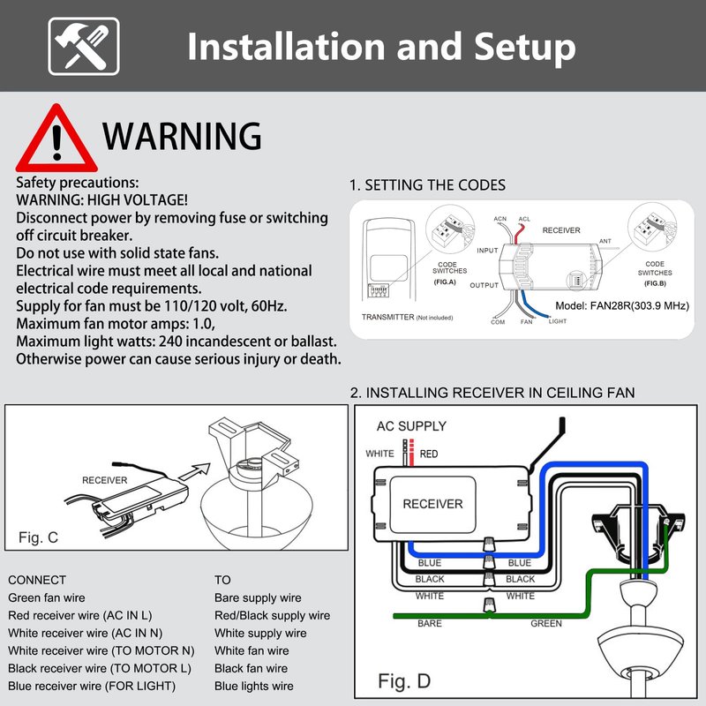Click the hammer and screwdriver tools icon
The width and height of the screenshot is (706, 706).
[x=84, y=47]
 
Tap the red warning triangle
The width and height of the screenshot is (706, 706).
[x=56, y=139]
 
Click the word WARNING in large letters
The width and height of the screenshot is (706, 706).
[x=182, y=136]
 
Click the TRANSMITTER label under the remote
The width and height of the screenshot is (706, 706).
[x=387, y=317]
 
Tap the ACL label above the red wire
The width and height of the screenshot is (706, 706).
[x=524, y=219]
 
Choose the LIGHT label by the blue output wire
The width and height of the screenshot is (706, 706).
[x=558, y=321]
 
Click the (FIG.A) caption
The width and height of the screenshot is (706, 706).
[x=445, y=282]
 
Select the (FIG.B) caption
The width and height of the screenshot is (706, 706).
[x=655, y=283]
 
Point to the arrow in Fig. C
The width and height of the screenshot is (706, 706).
[x=194, y=472]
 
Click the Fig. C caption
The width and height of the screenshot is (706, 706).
[x=38, y=537]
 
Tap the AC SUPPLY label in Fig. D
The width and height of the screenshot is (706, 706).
[x=411, y=426]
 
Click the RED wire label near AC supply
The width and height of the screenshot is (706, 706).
[x=429, y=454]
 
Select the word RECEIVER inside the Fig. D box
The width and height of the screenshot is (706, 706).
[x=432, y=504]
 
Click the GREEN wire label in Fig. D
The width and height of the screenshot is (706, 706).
[x=546, y=624]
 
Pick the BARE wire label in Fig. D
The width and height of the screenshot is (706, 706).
[x=430, y=624]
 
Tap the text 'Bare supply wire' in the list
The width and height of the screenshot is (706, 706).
[x=258, y=598]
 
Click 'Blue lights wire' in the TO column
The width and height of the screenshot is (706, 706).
[x=254, y=687]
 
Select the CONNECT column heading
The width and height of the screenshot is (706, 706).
[x=37, y=580]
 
